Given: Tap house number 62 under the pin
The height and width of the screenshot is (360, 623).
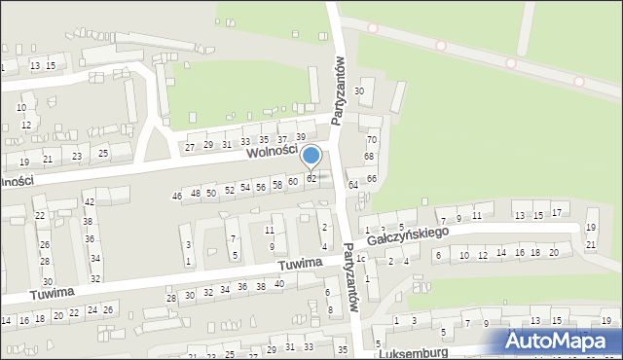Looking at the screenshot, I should (x=311, y=178).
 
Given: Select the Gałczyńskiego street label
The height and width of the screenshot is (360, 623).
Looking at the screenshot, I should (x=407, y=236).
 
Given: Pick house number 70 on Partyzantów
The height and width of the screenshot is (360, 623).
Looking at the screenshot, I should (x=371, y=140).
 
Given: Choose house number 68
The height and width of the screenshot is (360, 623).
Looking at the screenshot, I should (x=369, y=157).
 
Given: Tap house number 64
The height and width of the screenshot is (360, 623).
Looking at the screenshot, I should (x=353, y=184).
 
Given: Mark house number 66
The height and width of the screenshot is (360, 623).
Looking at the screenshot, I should (x=371, y=177).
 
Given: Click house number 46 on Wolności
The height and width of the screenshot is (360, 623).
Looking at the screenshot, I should (x=177, y=197).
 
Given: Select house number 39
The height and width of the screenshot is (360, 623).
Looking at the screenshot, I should (x=301, y=136).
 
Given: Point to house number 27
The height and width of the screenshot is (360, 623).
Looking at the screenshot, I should (x=190, y=147).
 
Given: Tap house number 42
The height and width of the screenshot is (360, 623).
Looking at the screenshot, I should (x=89, y=202).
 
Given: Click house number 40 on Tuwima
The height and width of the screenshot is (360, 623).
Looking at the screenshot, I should (x=278, y=283).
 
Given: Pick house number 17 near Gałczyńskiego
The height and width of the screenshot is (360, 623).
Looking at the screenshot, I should (x=556, y=212).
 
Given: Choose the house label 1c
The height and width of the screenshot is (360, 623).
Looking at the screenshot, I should (x=360, y=259).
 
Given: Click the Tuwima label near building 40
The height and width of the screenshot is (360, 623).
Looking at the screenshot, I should (x=298, y=264).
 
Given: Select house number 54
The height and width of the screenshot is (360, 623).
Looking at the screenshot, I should (x=245, y=187).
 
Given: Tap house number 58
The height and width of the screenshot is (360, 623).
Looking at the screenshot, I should (x=277, y=184).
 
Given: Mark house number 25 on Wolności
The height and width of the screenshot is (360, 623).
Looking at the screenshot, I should (x=103, y=154).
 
